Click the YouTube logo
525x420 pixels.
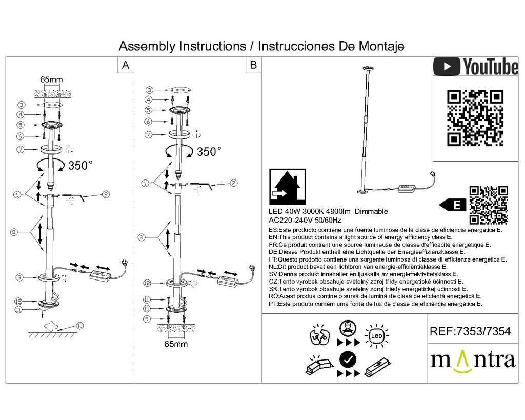click(475, 67)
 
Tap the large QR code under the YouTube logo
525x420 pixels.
click(475, 118)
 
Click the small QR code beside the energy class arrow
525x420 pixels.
click(489, 205)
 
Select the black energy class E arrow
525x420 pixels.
click(452, 205)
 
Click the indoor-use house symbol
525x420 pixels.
click(287, 187)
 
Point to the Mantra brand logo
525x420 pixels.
click(472, 361)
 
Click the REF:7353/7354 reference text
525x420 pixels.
click(470, 331)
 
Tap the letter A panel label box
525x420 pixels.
click(126, 65)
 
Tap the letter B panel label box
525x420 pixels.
click(253, 65)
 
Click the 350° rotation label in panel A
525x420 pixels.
click(80, 165)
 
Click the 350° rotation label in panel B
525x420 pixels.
click(209, 151)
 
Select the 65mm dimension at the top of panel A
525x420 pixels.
click(52, 79)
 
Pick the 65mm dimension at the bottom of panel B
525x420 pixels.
click(176, 344)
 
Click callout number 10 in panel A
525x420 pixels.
click(79, 325)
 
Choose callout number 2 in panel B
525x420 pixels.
click(234, 183)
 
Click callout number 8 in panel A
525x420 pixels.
click(14, 232)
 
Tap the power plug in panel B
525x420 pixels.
click(251, 267)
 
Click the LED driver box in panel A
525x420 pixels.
click(100, 275)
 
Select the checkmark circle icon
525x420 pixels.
click(348, 359)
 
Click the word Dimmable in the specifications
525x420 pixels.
click(371, 211)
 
